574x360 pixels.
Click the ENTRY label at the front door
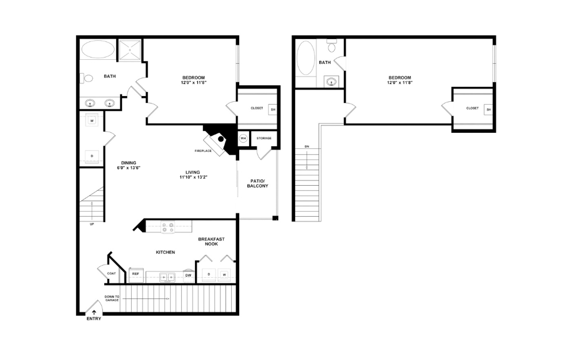[x=93, y=319]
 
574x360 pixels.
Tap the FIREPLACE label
[x=202, y=151]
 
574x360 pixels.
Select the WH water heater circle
[x=243, y=138]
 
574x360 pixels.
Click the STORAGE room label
[x=264, y=138]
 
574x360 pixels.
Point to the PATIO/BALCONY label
[x=258, y=183]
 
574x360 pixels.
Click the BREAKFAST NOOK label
[x=211, y=241]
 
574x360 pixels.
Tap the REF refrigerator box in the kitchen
[x=136, y=274]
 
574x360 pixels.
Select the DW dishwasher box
[x=188, y=275]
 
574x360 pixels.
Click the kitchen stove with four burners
[x=168, y=227]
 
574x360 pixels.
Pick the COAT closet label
[x=112, y=274]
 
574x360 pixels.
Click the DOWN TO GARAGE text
[x=113, y=299]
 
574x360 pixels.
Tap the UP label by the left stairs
[x=91, y=224]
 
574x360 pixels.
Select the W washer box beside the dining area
[x=91, y=121]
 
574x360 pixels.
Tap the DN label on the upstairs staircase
[x=307, y=148]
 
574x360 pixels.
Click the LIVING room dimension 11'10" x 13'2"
[x=192, y=177]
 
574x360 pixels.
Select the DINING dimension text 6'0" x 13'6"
[x=129, y=168]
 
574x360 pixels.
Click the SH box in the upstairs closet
[x=488, y=109]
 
